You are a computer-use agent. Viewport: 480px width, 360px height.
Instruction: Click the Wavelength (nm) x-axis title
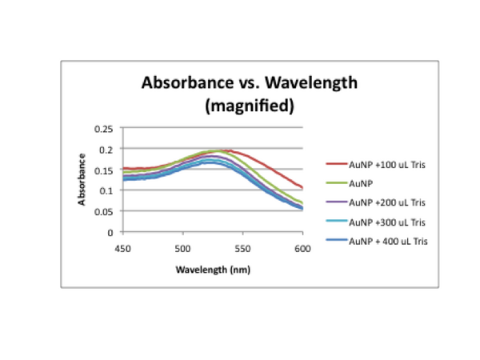tap(213, 269)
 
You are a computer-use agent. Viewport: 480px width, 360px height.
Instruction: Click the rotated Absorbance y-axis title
tap(82, 180)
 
